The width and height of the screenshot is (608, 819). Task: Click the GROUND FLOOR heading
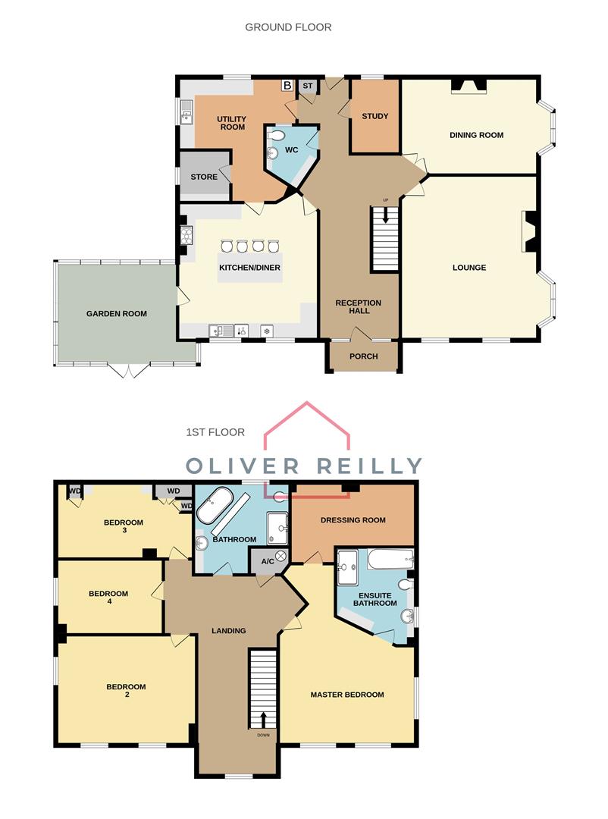tap(288, 27)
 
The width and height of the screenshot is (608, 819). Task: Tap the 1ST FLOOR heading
tap(215, 432)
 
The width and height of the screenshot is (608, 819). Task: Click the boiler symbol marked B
tap(287, 86)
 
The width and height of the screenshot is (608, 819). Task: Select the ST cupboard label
tap(307, 86)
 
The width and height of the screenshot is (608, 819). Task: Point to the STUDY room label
tap(375, 116)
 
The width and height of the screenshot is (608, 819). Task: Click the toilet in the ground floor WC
tap(278, 136)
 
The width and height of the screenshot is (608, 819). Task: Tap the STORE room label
tap(204, 177)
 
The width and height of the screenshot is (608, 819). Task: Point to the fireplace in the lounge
tap(531, 232)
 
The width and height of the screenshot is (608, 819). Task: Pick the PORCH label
tap(363, 356)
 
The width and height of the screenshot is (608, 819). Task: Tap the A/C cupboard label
tap(268, 561)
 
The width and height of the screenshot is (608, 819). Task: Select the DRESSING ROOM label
tap(353, 520)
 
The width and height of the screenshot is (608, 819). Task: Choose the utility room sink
tap(186, 115)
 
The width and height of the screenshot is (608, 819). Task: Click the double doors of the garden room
tap(127, 371)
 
